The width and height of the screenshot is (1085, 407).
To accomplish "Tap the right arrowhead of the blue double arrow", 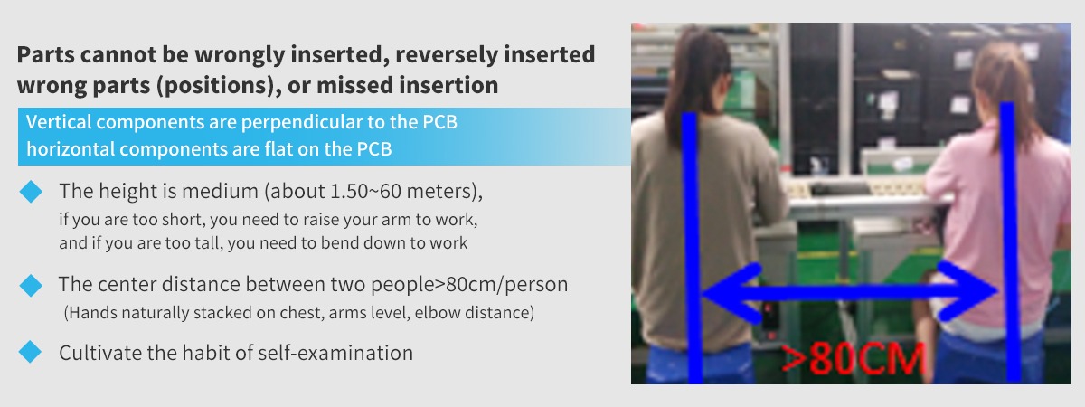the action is point(967,291).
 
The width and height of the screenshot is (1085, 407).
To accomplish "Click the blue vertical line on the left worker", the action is point(693,247).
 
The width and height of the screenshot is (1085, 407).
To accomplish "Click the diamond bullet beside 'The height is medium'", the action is point(31,192).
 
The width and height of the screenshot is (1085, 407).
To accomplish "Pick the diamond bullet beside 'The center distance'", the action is point(31,285).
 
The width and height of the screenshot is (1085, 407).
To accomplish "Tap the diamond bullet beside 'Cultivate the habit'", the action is point(30,352).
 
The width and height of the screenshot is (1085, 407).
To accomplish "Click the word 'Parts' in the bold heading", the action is point(46,54).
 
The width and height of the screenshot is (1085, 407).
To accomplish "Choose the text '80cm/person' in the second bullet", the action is point(506,284).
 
